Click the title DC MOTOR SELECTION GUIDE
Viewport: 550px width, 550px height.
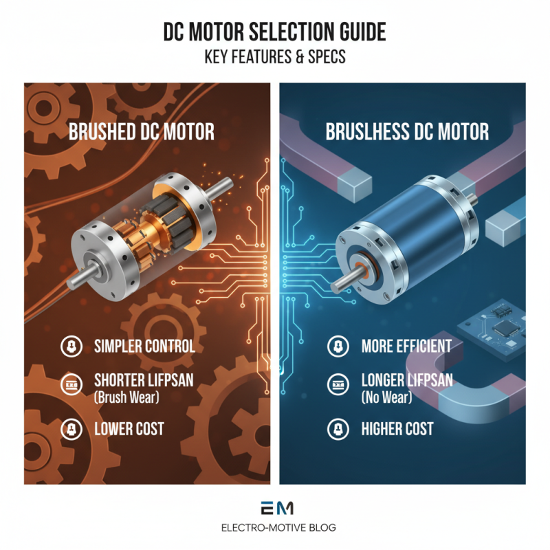coord(274,32)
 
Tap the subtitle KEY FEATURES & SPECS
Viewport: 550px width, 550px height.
coord(274,57)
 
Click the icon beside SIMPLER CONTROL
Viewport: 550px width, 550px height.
coord(72,346)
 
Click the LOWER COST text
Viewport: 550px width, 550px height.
coord(129,430)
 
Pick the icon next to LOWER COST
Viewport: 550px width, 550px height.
coord(72,430)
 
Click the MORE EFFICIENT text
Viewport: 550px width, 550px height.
coord(406,346)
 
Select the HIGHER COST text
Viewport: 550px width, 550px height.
coord(397,430)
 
